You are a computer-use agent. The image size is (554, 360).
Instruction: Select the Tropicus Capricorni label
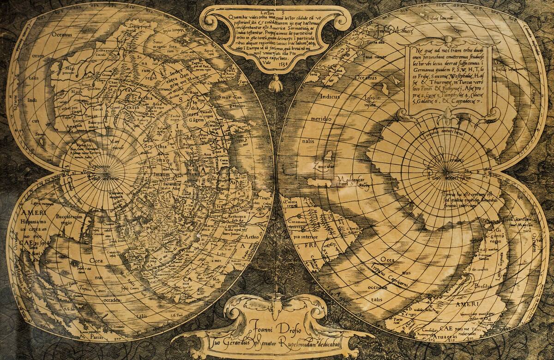click(x=388, y=272)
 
